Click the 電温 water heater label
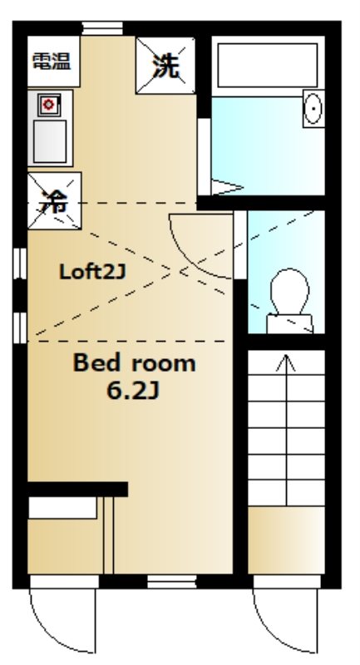[x=52, y=62]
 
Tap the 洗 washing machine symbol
[x=165, y=66]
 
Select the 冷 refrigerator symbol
[x=54, y=200]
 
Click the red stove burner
[x=48, y=105]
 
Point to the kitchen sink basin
[x=50, y=140]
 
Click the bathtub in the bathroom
[x=268, y=65]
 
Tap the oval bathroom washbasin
[x=313, y=108]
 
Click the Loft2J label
[x=92, y=272]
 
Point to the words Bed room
[x=135, y=363]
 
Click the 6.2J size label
[x=133, y=391]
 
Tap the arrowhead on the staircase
[x=286, y=362]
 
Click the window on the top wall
[x=102, y=28]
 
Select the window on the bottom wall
[x=172, y=581]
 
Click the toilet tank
[x=289, y=323]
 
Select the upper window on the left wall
[x=20, y=264]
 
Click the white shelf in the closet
[x=62, y=508]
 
